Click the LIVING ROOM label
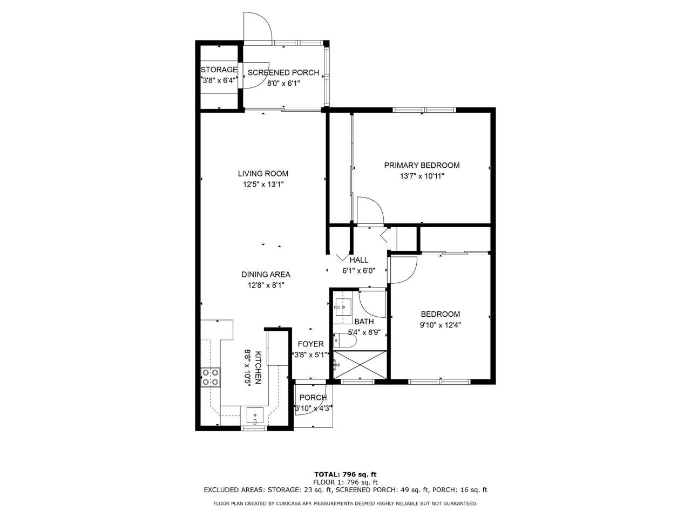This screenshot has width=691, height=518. pos(263,174)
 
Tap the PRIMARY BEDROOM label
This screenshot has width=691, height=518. pos(422,165)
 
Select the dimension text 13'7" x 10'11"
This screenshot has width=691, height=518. pos(422,176)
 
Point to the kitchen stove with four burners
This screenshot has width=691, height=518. pos(211,377)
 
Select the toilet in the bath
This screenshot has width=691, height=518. pos(343,341)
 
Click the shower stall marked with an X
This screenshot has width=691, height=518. pos(360,366)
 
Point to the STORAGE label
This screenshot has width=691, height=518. pos(219,70)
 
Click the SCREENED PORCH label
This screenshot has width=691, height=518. pos(283,72)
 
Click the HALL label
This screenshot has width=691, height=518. pos(358,260)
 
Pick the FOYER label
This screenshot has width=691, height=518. pos(310,344)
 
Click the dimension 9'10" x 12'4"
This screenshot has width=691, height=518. pos(440,325)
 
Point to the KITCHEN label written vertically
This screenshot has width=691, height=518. pos(258,367)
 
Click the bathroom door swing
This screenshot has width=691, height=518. pos(371,304)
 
